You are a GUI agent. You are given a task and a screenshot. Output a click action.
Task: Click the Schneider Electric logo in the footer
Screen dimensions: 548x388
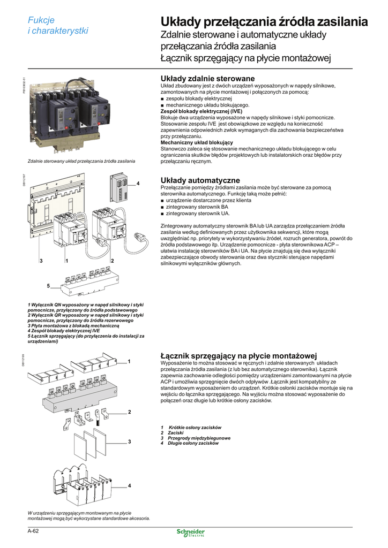[191, 534]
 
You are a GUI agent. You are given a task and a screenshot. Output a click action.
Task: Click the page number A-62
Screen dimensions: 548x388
[34, 531]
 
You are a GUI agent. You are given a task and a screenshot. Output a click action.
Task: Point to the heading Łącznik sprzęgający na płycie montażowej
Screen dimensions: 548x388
[239, 355]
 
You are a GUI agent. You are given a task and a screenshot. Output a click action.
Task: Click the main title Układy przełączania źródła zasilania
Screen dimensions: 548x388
[264, 22]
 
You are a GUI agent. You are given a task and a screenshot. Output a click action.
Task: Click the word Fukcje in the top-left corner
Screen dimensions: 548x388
[41, 20]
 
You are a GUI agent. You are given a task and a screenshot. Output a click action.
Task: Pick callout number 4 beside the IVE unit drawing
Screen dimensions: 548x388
[138, 184]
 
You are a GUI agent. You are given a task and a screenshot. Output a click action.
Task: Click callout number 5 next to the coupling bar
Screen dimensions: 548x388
[48, 286]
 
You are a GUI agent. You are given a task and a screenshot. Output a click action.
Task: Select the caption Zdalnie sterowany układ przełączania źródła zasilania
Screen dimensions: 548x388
[81, 161]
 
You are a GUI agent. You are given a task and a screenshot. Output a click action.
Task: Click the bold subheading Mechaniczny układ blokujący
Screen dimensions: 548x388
[197, 142]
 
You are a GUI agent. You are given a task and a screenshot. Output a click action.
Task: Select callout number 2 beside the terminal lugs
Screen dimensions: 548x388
[130, 412]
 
